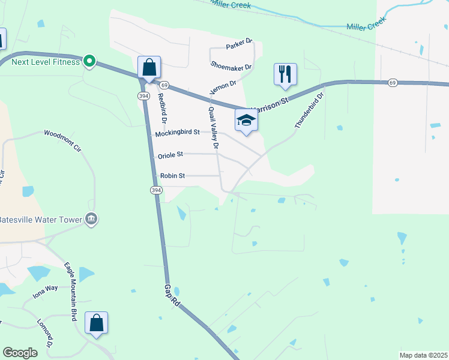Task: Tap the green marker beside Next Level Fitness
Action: [x=89, y=61]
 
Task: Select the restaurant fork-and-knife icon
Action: [x=285, y=74]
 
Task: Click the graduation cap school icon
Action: [x=246, y=121]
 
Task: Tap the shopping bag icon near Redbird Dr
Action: [x=149, y=68]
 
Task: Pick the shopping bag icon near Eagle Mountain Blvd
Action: [x=96, y=323]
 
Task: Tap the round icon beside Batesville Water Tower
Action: [x=92, y=219]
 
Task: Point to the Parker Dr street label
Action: [x=240, y=45]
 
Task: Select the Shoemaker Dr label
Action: [x=231, y=66]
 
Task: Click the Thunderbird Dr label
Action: [x=309, y=110]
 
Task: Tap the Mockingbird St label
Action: [x=177, y=133]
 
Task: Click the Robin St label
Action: [x=172, y=176]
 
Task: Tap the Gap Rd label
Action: [x=172, y=295]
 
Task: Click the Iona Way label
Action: [x=45, y=292]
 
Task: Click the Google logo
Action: [x=20, y=353]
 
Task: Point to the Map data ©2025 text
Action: [x=423, y=355]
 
